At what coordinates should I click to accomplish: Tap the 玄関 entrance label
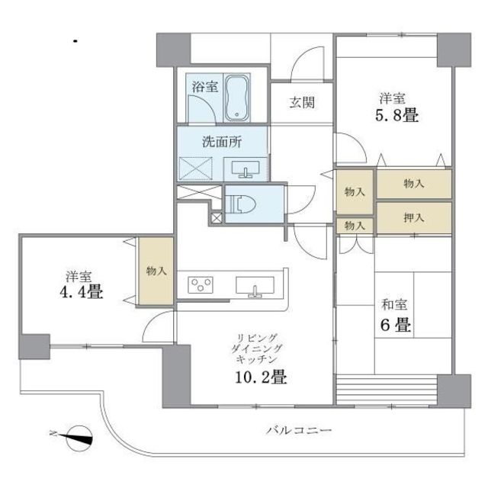(302, 102)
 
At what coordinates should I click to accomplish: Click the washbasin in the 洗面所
(245, 169)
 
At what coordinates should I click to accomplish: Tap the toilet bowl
(243, 204)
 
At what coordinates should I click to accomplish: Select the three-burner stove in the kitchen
(201, 284)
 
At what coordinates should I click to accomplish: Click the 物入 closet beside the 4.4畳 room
(156, 271)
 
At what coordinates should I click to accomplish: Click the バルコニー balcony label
(299, 431)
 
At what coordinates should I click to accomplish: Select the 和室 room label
(393, 307)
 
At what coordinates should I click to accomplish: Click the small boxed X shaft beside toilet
(217, 218)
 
